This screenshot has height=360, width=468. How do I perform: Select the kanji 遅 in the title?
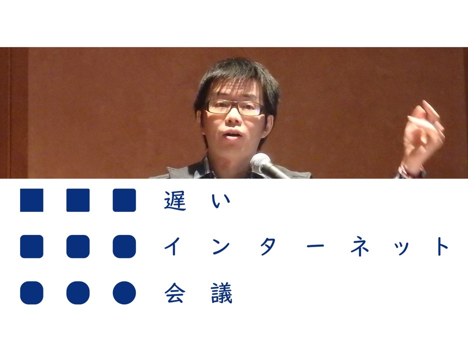click(175, 200)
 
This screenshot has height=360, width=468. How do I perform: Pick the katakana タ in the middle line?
click(268, 246)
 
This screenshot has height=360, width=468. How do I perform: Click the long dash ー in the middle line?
click(314, 246)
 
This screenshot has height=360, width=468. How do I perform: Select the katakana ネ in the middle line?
click(361, 246)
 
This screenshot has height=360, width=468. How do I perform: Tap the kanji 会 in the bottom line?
click(175, 293)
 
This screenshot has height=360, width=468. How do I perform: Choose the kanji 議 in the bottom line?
click(221, 293)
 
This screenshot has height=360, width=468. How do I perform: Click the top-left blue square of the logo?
click(31, 200)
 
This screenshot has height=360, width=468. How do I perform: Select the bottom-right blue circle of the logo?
click(124, 293)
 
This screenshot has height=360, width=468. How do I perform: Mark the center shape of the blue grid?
click(78, 246)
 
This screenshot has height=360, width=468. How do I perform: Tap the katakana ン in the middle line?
click(221, 246)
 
